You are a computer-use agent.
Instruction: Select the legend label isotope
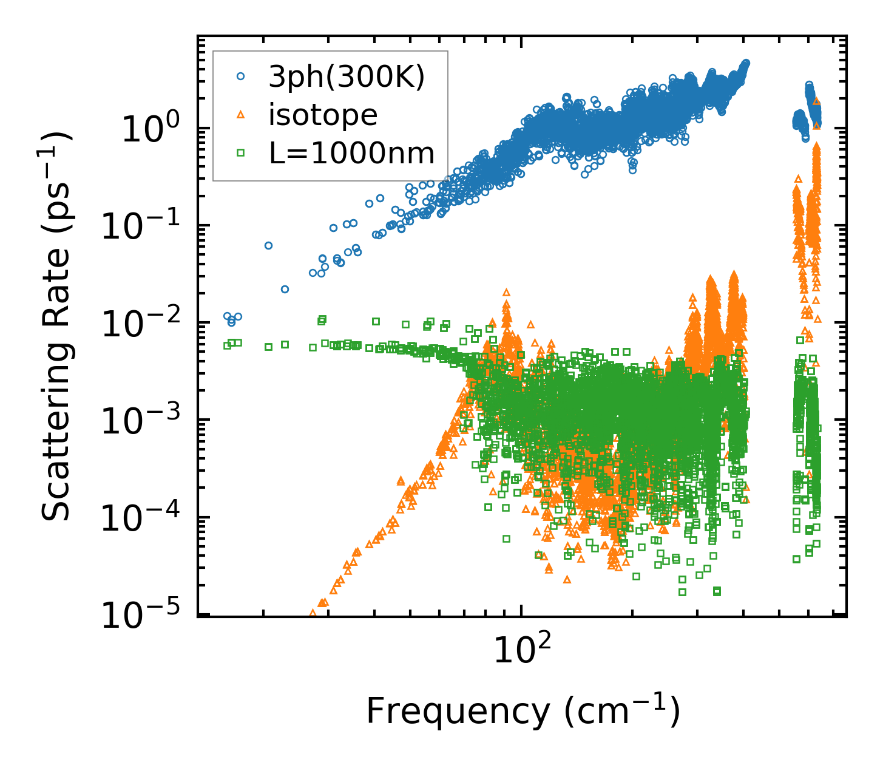click(x=323, y=114)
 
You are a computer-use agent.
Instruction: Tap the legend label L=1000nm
click(x=351, y=153)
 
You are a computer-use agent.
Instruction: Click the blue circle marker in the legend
click(x=240, y=76)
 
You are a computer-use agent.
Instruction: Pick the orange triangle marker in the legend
click(x=240, y=115)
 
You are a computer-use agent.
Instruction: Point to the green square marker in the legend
click(x=240, y=153)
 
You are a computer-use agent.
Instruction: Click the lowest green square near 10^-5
click(x=717, y=591)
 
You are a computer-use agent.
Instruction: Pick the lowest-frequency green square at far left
click(x=228, y=345)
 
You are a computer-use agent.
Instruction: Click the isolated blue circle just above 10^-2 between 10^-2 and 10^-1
click(x=285, y=289)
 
